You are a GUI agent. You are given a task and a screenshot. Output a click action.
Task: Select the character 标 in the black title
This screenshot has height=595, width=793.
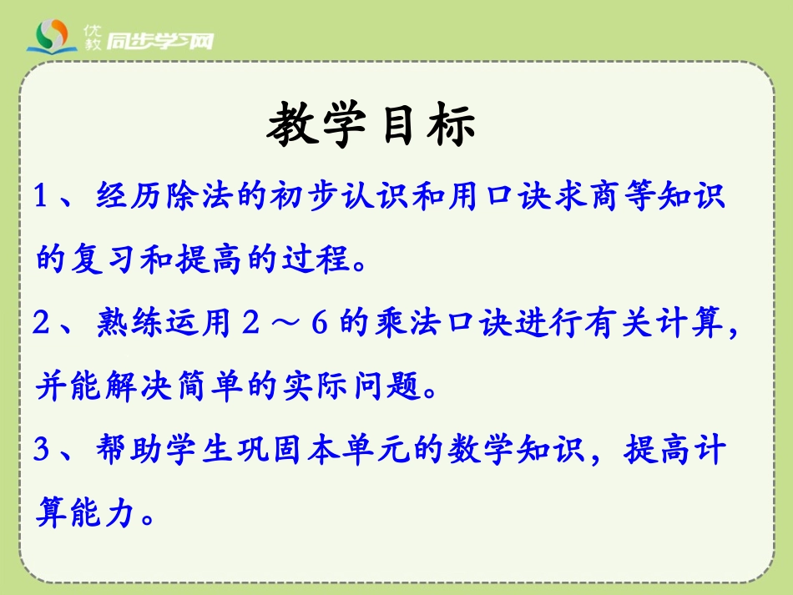click(x=451, y=127)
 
